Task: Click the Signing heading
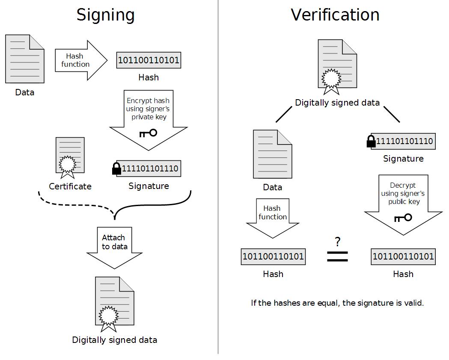(105, 15)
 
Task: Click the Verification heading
(335, 15)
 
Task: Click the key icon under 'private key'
(149, 133)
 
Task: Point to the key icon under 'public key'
(403, 218)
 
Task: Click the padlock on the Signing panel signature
(116, 169)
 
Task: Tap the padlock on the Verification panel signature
(371, 142)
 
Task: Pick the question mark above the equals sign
(338, 242)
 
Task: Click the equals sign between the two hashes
(337, 256)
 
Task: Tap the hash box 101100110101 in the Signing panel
(148, 60)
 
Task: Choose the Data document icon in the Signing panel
(25, 59)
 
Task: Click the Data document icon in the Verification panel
(273, 154)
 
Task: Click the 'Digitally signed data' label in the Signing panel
(115, 340)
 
